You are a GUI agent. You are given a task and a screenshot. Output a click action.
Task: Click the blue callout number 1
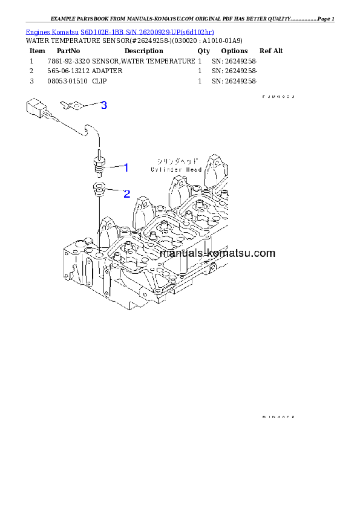coord(126,166)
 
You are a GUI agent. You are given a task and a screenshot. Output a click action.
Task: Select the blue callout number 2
coord(127,194)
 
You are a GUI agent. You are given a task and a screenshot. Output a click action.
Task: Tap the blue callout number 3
coord(104,105)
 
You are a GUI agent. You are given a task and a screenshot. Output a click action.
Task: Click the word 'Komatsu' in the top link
coord(62,31)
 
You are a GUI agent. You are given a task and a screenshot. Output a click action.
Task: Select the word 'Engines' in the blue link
coord(36,31)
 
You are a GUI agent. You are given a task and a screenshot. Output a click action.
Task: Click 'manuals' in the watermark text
coord(181,254)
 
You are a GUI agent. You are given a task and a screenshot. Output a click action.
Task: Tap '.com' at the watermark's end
coord(263,254)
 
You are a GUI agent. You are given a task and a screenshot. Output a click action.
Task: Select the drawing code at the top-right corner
coord(278,96)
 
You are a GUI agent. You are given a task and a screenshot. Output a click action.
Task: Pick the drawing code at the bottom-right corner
coord(278,417)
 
